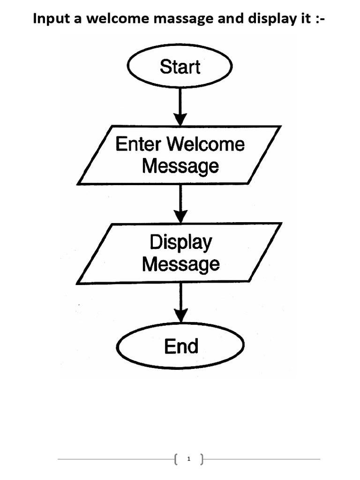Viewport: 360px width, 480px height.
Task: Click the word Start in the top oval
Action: click(x=180, y=67)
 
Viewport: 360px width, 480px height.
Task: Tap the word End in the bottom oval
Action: click(x=181, y=346)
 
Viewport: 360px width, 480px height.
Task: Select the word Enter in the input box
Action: click(x=138, y=144)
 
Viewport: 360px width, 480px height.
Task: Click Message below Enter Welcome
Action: click(x=180, y=167)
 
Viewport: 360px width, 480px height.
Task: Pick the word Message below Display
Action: click(x=181, y=265)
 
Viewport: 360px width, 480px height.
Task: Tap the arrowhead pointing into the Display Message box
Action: click(x=180, y=217)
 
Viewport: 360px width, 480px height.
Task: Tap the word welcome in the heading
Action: click(x=118, y=18)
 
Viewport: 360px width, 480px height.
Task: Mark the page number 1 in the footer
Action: click(x=188, y=459)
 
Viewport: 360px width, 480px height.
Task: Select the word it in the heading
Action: click(x=306, y=18)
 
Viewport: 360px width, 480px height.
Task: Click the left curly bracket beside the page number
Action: click(x=176, y=459)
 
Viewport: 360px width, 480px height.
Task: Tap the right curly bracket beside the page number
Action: click(x=202, y=459)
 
